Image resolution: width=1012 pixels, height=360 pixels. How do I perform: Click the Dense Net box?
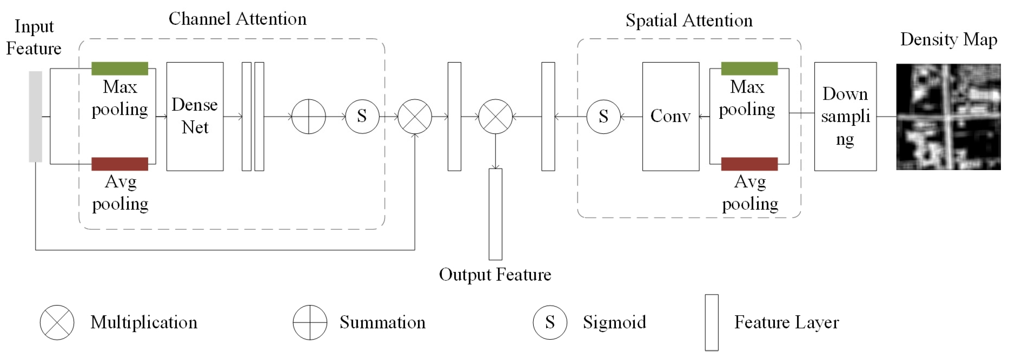tap(195, 116)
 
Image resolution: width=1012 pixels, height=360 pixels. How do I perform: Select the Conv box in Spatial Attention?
tap(671, 116)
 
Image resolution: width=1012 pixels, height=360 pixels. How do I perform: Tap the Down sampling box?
tap(845, 116)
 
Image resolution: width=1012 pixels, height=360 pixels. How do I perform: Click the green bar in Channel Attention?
tap(120, 68)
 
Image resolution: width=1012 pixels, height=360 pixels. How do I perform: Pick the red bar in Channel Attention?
tap(120, 164)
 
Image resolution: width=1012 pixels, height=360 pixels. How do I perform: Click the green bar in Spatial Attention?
tap(749, 68)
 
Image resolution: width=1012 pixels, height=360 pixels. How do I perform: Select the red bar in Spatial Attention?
tap(749, 164)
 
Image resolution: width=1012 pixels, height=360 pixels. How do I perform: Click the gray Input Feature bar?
tap(36, 116)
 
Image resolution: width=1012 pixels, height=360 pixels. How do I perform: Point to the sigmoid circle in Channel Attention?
tap(362, 116)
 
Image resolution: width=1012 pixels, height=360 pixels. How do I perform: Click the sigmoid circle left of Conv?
tap(604, 116)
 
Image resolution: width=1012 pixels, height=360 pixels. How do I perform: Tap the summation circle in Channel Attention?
tap(309, 116)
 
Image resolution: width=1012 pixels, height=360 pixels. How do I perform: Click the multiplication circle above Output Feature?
tap(496, 116)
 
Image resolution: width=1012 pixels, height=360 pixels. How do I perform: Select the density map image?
tap(948, 117)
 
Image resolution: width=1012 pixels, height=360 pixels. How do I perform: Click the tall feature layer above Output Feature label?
tap(496, 214)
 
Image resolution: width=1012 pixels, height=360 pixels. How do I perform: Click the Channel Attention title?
tap(237, 19)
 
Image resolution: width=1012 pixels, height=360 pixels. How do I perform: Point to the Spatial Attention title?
tap(689, 20)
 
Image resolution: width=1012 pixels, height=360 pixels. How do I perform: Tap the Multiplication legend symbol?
tap(57, 322)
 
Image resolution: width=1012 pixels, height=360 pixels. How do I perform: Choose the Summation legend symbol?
tap(310, 322)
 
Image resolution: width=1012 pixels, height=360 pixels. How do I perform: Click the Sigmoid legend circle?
tap(550, 322)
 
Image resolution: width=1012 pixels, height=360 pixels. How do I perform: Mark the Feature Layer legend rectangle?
tap(712, 322)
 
